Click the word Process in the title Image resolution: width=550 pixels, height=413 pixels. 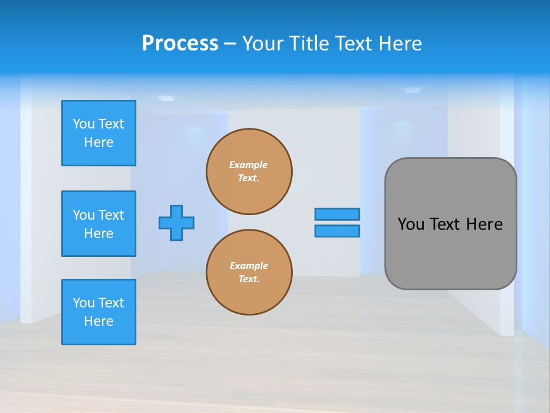coord(180,44)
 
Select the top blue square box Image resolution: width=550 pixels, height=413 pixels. coord(99,133)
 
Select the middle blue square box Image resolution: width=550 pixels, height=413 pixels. coord(99,224)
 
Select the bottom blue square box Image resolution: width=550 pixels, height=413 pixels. coord(99,312)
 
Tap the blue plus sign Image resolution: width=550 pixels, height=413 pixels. coord(176,223)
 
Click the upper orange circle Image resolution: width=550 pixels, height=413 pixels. coord(249,172)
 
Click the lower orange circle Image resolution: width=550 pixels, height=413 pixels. coord(249,272)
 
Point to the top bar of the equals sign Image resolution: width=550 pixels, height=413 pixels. coord(337,214)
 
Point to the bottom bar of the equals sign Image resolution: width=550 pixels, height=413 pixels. coord(337,231)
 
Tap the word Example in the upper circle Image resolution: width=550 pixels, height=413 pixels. coord(248,165)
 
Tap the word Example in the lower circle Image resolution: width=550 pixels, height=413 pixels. coord(249,266)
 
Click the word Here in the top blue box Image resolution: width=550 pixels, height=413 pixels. coord(99,142)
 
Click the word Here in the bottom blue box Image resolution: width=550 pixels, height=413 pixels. coord(99,321)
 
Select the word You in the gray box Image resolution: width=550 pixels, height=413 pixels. coord(410,224)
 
